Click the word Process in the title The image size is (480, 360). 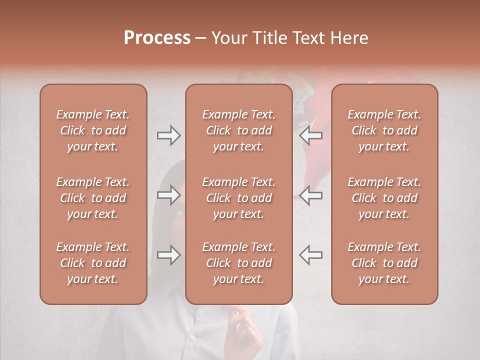point(157,38)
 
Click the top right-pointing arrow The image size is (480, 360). point(168,135)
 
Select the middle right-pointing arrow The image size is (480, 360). point(168,195)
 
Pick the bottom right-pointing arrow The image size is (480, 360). point(168,255)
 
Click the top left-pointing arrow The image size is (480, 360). point(311,135)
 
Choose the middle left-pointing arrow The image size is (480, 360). point(311,195)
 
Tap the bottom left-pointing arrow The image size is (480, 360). point(311,255)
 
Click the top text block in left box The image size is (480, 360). point(93,130)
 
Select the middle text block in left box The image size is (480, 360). point(93,198)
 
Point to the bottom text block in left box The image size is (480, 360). point(93,263)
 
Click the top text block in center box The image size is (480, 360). point(238,130)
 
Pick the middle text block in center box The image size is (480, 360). point(238,198)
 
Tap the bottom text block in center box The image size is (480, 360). point(238,263)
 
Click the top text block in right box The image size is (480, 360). point(384,130)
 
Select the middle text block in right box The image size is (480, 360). point(384,198)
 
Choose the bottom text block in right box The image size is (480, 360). point(384,263)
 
